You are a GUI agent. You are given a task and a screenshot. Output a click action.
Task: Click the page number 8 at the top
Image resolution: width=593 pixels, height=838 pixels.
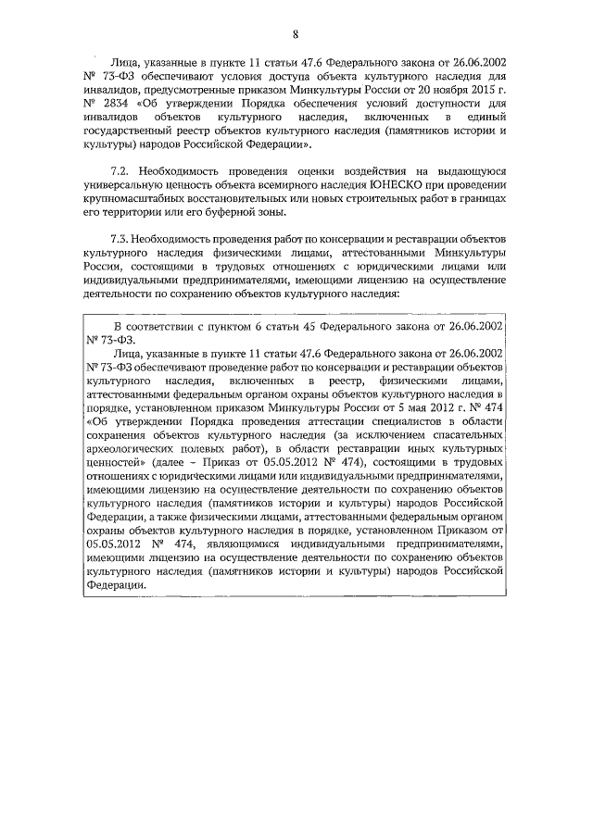(x=294, y=36)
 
